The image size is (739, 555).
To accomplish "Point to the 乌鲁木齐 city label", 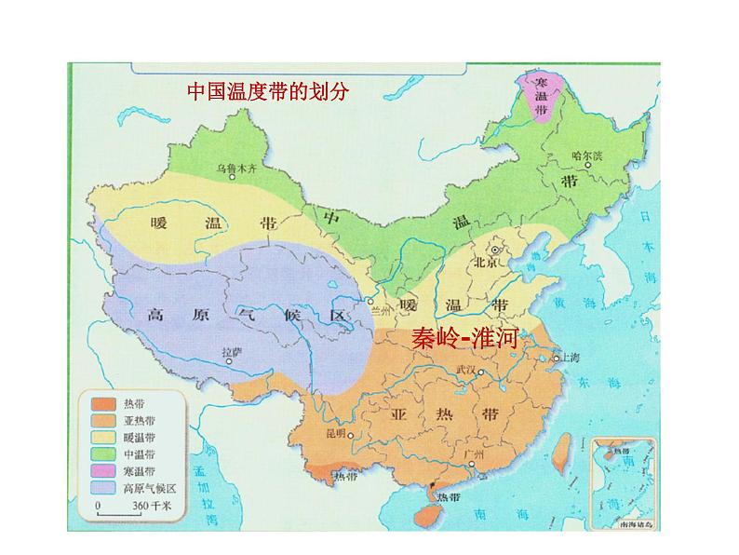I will (241, 169).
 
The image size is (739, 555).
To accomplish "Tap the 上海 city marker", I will (557, 358).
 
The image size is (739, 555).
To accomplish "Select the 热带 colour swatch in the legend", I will (102, 403).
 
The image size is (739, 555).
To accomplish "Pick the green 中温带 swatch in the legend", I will (102, 453).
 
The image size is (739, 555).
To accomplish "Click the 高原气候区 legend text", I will (149, 488).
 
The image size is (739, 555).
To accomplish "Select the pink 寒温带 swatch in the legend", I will (102, 470).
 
